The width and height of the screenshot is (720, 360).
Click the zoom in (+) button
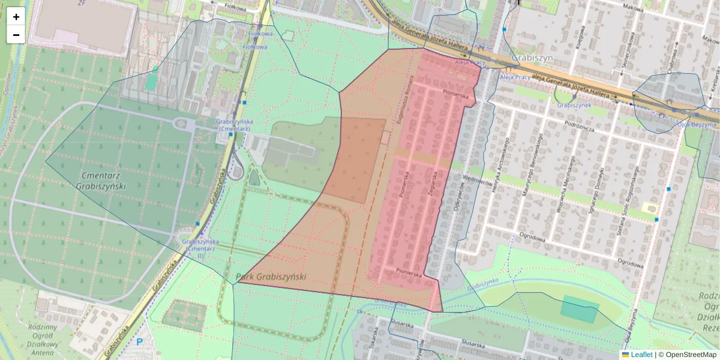(x=16, y=16)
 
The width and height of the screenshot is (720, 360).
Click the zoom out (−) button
(x=16, y=35)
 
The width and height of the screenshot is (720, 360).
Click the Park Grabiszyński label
(x=271, y=277)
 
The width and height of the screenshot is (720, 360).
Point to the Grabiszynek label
(x=575, y=105)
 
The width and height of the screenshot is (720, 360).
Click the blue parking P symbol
(x=140, y=342)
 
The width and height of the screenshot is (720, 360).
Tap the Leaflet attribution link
(x=641, y=355)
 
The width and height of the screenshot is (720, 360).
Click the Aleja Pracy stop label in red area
(x=470, y=62)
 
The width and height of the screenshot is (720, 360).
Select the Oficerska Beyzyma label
(x=697, y=125)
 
